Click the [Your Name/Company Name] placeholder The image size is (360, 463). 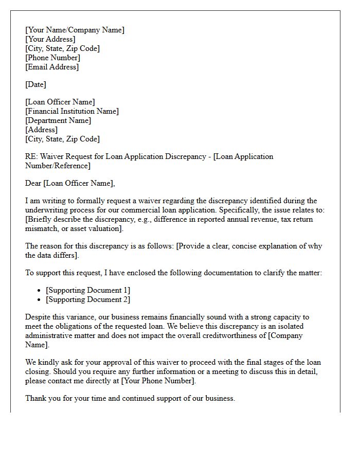(x=75, y=30)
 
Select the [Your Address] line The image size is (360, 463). (x=50, y=39)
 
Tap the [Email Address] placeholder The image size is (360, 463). (x=52, y=67)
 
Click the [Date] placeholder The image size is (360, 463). (x=35, y=84)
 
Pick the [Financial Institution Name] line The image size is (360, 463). (x=72, y=111)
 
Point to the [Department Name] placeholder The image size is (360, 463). (x=58, y=120)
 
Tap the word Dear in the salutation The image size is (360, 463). (x=33, y=183)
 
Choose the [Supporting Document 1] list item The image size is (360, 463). (x=88, y=290)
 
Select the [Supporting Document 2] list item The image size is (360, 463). (x=88, y=299)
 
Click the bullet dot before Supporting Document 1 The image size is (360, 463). (x=40, y=291)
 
